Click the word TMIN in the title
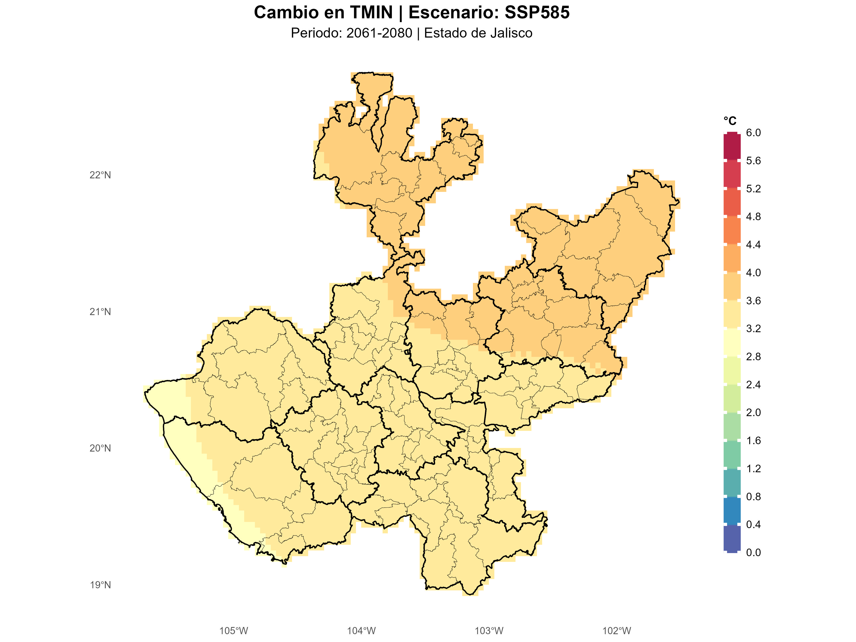click(371, 12)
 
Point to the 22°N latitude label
click(100, 175)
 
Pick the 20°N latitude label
click(100, 448)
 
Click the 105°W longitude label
click(234, 631)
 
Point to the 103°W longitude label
click(489, 631)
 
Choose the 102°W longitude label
click(617, 631)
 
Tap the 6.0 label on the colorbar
click(753, 133)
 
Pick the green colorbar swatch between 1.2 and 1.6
click(732, 454)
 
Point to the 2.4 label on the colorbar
click(753, 385)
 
